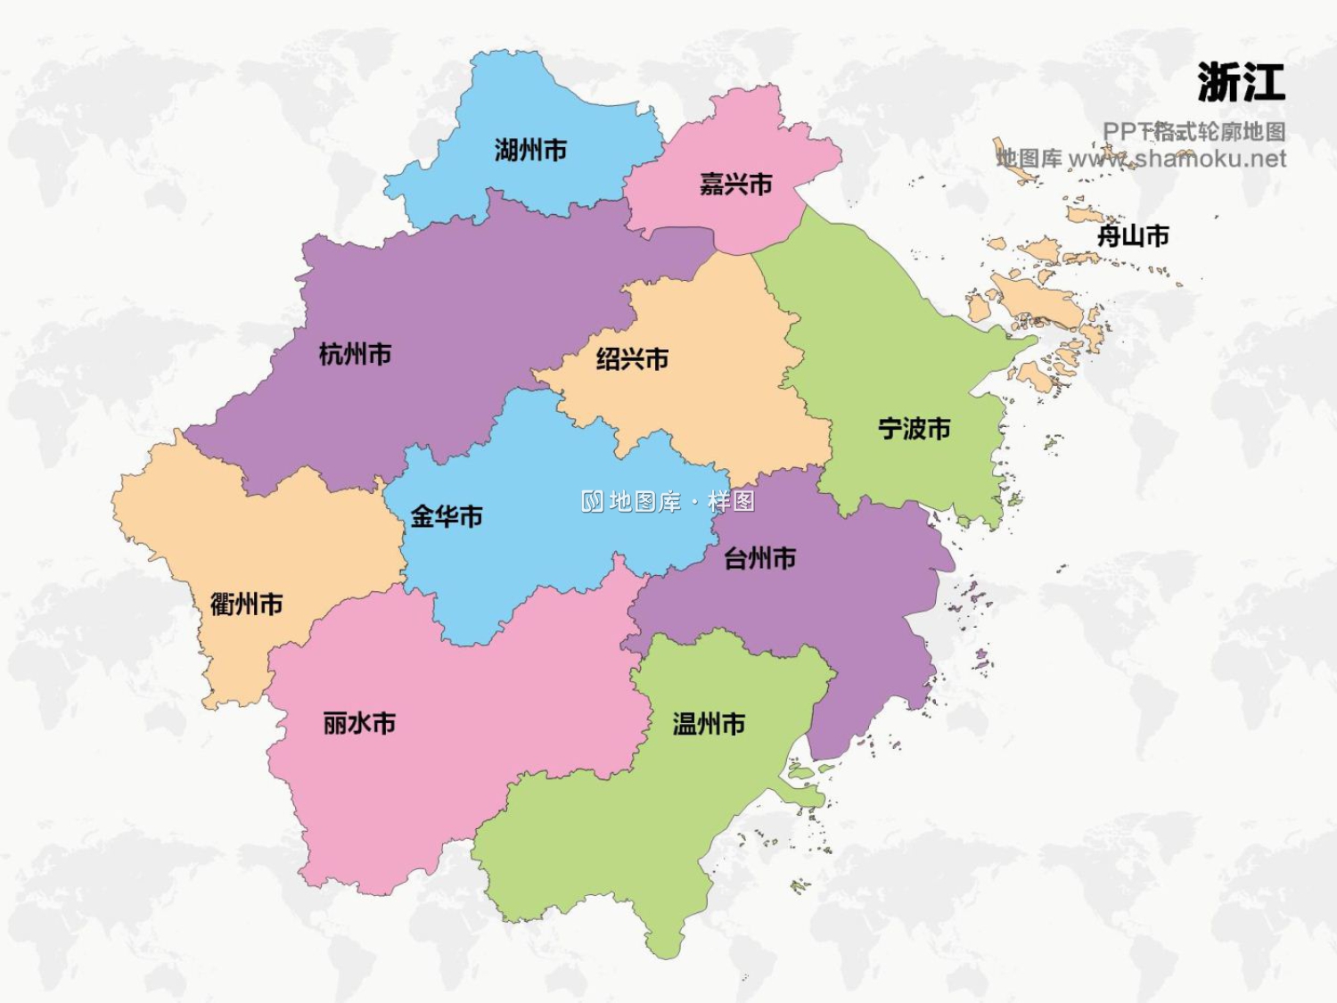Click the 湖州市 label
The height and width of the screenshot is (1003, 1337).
click(531, 151)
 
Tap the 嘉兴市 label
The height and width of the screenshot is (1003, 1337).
click(735, 185)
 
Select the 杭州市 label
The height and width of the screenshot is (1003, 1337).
click(355, 354)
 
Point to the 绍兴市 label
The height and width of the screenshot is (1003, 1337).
click(632, 359)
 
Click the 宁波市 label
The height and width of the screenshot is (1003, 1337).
click(915, 429)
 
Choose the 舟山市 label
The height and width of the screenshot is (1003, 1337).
click(1133, 236)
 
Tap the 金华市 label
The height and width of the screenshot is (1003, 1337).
click(447, 516)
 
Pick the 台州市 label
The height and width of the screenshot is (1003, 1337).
click(759, 559)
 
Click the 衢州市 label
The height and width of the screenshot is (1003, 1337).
click(247, 604)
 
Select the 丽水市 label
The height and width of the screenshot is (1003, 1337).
click(359, 723)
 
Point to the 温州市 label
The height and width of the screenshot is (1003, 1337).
click(709, 724)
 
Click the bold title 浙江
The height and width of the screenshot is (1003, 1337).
click(1241, 83)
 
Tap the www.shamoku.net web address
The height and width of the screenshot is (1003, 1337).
click(1177, 159)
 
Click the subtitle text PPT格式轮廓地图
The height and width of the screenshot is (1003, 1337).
click(1193, 132)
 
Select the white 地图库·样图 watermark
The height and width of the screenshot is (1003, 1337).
click(668, 501)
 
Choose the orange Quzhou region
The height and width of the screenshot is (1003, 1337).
click(267, 544)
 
